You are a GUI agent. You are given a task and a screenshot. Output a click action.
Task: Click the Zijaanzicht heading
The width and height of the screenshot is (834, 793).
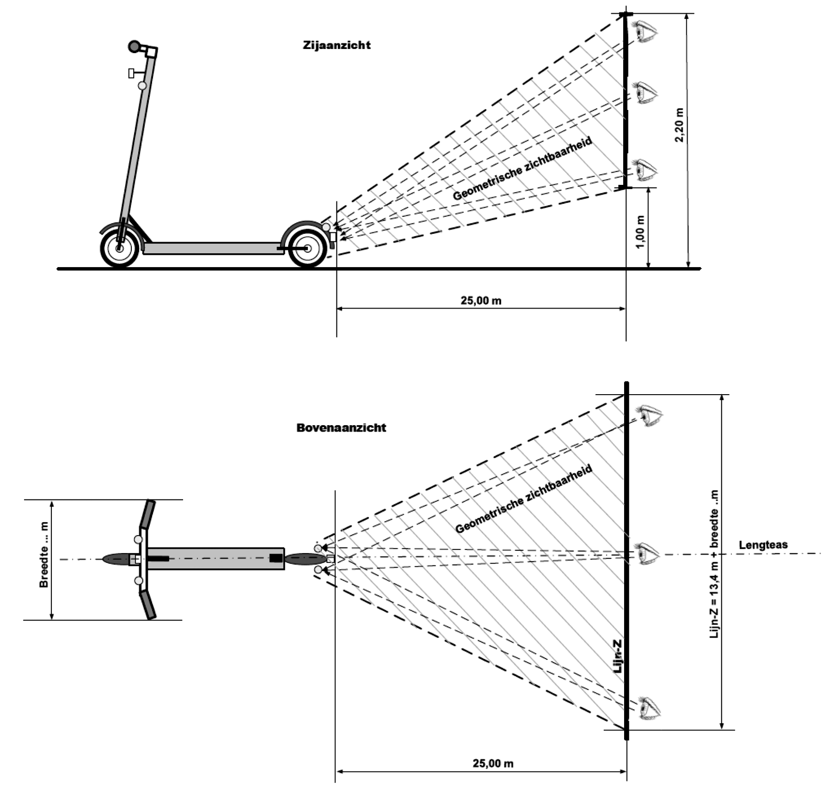click(337, 45)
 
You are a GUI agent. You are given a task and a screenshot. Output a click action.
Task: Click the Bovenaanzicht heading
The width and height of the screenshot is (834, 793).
click(341, 428)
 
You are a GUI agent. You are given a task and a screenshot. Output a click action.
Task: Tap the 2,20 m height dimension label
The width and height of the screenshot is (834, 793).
click(679, 125)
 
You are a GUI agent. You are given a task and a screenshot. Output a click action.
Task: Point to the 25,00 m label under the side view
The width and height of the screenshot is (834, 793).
click(481, 300)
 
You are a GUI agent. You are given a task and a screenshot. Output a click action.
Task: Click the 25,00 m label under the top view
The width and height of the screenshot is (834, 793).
click(493, 763)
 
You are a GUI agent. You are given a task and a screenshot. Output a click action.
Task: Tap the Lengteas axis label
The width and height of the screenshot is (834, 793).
click(763, 545)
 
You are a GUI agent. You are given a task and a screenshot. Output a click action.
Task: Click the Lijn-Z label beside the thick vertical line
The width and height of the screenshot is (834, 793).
click(618, 656)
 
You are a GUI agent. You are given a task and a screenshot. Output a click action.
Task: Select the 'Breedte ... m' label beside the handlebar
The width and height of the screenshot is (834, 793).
click(44, 555)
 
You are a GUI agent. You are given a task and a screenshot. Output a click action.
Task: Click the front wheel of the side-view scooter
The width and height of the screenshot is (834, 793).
click(120, 248)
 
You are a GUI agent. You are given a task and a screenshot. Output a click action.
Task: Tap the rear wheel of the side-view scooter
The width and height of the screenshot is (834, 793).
click(307, 248)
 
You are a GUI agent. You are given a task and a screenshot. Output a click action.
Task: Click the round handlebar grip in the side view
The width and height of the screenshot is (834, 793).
click(135, 47)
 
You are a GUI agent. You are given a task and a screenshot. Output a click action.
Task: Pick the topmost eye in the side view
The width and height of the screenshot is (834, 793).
click(645, 31)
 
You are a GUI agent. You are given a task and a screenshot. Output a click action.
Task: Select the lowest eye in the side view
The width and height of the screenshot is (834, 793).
click(645, 170)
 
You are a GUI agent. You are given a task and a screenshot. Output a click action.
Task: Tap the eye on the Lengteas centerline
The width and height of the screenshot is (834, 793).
click(648, 554)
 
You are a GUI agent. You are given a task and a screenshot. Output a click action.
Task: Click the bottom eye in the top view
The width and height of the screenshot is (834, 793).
click(650, 708)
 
